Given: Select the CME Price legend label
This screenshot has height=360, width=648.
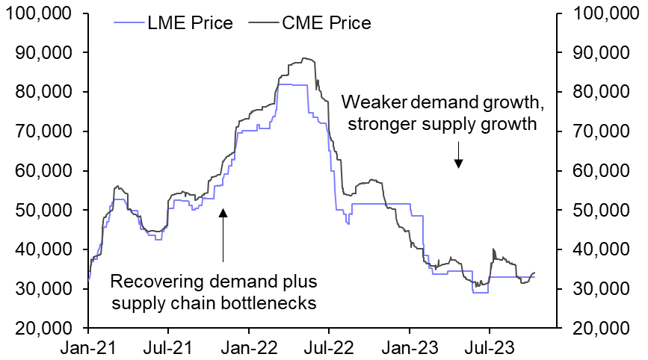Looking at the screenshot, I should [x=326, y=23].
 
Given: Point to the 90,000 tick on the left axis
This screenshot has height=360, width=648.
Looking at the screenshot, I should [x=46, y=53].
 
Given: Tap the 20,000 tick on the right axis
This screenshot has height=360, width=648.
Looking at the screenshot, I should [x=602, y=328].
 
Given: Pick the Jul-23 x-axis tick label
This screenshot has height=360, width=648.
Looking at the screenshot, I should [x=490, y=347].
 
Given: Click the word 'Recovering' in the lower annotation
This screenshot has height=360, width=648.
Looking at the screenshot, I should [x=152, y=282].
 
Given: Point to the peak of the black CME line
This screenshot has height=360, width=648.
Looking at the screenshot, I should [x=303, y=58].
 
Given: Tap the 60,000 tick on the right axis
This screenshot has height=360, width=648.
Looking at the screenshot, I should [x=602, y=171].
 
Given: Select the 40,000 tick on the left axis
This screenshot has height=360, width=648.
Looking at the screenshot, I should [x=46, y=249].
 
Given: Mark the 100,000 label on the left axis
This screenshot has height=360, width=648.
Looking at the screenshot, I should [x=42, y=13].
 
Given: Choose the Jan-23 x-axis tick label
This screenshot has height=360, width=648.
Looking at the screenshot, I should [x=410, y=347].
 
